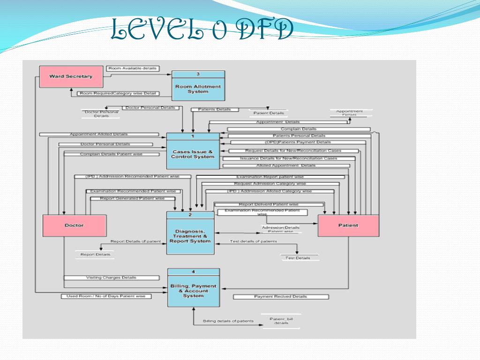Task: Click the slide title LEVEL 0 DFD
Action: point(202,31)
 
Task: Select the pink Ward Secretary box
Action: point(71,76)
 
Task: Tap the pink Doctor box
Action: point(74,225)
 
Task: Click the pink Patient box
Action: point(348,225)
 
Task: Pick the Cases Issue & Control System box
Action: point(193,151)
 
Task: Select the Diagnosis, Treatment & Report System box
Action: point(190,233)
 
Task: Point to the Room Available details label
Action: point(133,68)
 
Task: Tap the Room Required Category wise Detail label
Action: point(118,93)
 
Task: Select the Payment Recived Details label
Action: point(281,297)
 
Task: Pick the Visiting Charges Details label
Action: point(111,277)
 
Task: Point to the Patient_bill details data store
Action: point(281,321)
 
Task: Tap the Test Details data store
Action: point(300,258)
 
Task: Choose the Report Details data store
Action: point(95,255)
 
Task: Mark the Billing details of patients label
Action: point(228,321)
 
